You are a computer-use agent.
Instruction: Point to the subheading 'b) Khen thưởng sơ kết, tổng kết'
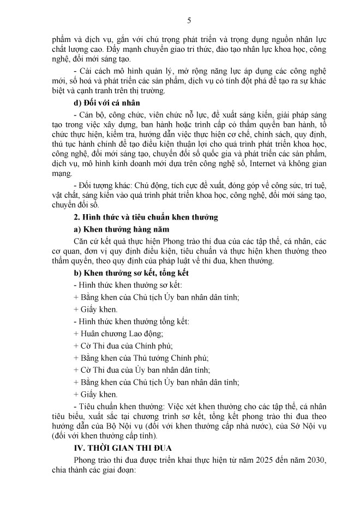(x=131, y=274)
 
